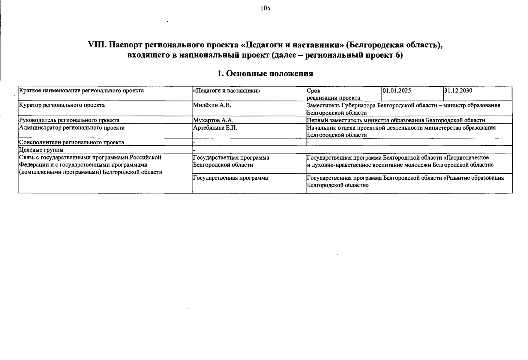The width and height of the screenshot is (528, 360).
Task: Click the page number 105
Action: (x=265, y=8)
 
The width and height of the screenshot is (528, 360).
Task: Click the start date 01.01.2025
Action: (x=397, y=91)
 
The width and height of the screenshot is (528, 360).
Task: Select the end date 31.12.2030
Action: (x=458, y=91)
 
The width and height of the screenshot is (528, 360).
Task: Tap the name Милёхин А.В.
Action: (x=212, y=105)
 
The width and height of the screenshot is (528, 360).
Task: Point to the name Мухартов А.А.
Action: (x=213, y=120)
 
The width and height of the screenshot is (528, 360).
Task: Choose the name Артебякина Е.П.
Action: (x=215, y=128)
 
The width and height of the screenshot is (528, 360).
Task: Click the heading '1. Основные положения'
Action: (x=265, y=73)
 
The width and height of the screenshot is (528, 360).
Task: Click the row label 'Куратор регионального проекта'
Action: (x=62, y=105)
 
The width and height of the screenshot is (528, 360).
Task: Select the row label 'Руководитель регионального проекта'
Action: (x=69, y=120)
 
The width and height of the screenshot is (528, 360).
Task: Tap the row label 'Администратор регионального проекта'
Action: (x=72, y=128)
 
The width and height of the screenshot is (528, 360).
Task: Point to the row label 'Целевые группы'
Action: (x=41, y=150)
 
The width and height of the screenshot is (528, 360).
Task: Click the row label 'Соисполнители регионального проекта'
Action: (x=71, y=142)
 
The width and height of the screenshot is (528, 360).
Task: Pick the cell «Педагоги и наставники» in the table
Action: (x=226, y=91)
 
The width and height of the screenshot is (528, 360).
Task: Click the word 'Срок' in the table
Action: (x=313, y=91)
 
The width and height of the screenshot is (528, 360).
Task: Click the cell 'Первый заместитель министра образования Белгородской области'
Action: (x=396, y=120)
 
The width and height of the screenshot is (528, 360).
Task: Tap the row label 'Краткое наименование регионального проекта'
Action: (x=81, y=91)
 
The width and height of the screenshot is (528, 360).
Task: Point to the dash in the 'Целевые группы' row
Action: (x=194, y=150)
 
